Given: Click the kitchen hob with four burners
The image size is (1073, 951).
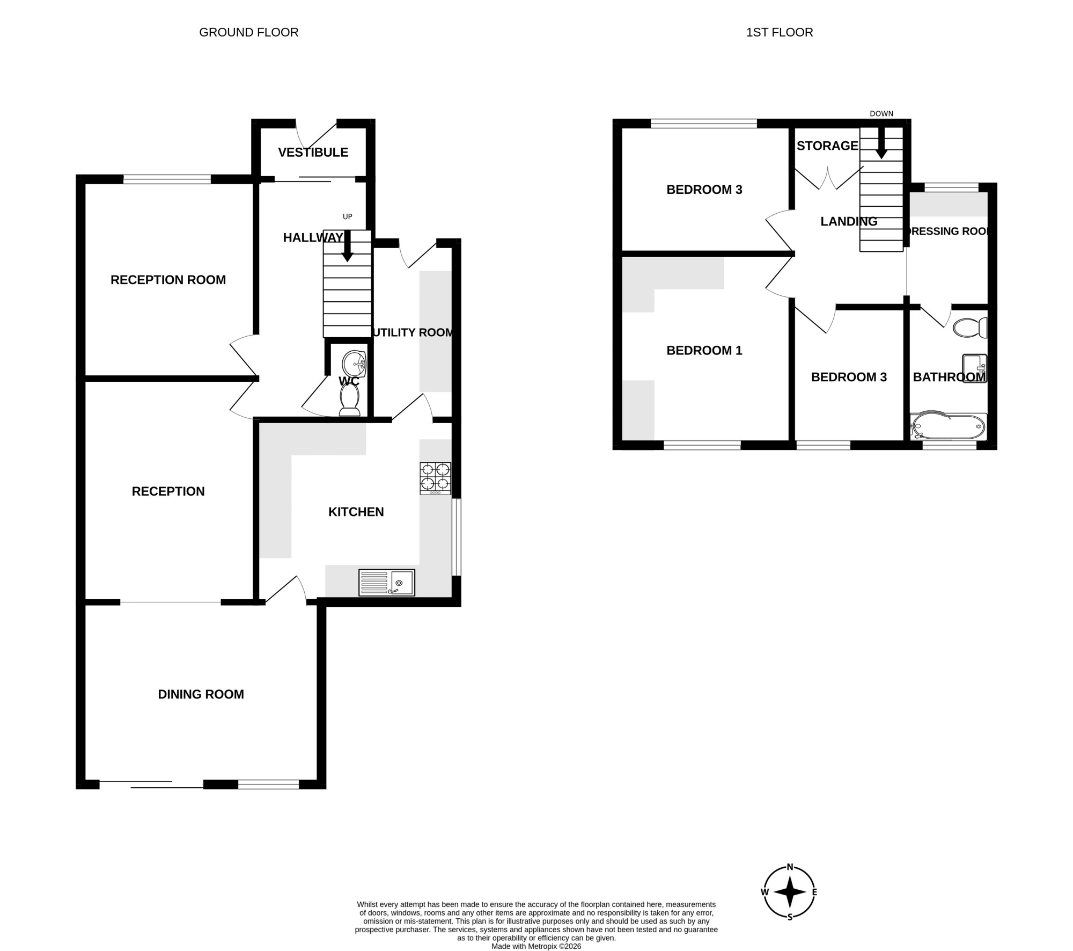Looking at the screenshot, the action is tap(435, 478).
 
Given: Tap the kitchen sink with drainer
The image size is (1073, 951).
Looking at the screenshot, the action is tap(387, 583).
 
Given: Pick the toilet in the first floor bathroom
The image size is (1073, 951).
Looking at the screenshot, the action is tap(970, 328).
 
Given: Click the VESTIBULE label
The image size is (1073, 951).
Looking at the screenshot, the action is tap(313, 153).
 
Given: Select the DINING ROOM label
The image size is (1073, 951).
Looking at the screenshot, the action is tap(201, 694).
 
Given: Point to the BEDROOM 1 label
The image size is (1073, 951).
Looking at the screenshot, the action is tap(704, 351).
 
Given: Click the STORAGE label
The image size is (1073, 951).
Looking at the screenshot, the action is tap(828, 146).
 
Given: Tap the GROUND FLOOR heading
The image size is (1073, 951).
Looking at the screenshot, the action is tap(249, 32).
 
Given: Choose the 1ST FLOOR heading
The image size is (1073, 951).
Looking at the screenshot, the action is tap(780, 32).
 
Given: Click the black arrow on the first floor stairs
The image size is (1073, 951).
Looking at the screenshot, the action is tap(881, 143).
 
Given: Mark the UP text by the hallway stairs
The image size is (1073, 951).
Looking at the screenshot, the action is tap(348, 217).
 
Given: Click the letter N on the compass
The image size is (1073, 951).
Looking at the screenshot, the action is tap(790, 882).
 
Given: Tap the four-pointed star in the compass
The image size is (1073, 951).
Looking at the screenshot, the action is tap(790, 907).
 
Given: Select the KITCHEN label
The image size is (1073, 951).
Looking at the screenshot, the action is tap(356, 512).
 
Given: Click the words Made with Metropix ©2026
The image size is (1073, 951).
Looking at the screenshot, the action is tap(536, 946).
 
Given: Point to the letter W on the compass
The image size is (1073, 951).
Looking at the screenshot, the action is tap(765, 908).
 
